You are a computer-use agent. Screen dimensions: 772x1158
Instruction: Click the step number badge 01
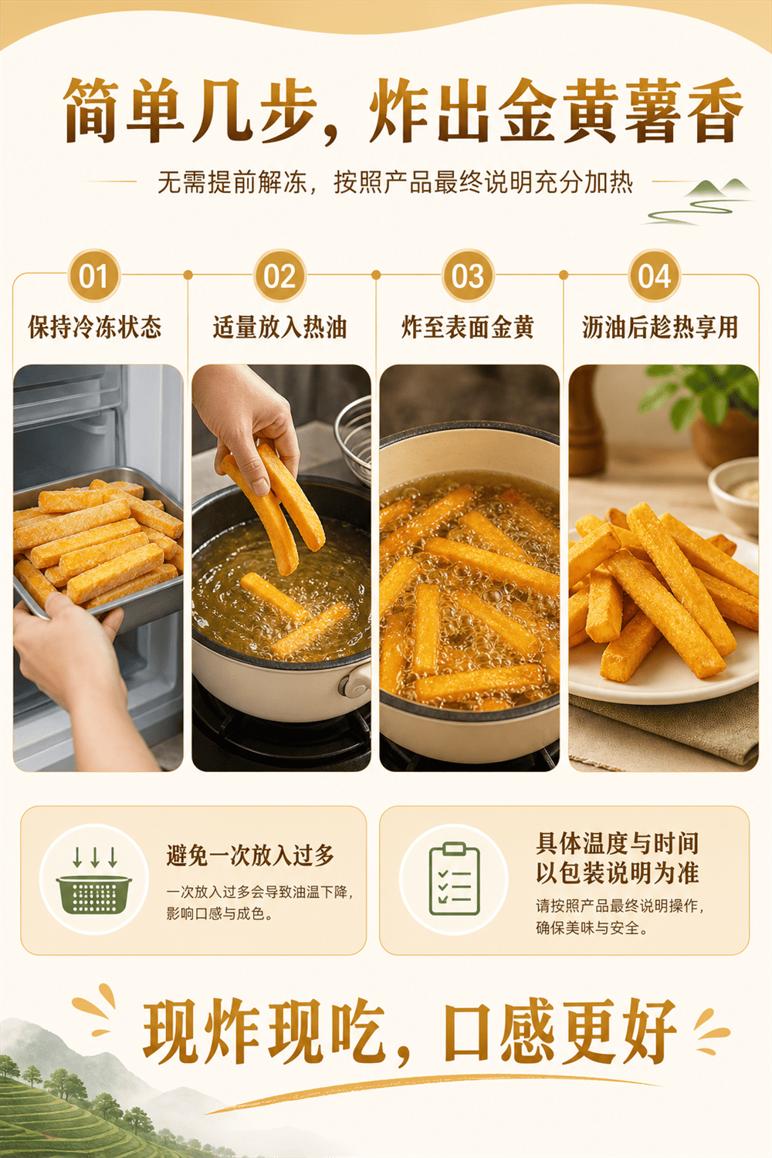point(93,276)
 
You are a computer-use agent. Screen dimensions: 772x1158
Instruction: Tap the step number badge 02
point(279,276)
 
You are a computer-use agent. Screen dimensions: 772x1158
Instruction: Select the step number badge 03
point(468,276)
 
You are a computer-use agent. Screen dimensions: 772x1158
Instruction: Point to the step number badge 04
point(654,276)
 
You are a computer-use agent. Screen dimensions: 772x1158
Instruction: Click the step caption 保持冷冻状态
point(95,327)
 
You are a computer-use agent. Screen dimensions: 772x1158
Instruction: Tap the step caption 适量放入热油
point(279,327)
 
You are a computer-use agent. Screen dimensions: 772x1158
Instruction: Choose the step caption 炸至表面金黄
point(467,327)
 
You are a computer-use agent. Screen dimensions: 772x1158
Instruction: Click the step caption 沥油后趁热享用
point(660,327)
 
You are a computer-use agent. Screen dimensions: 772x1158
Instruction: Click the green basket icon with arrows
point(94,879)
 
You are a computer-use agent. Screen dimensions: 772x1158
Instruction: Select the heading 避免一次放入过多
point(250,856)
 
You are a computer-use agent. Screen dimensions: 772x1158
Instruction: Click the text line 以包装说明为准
point(617,873)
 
